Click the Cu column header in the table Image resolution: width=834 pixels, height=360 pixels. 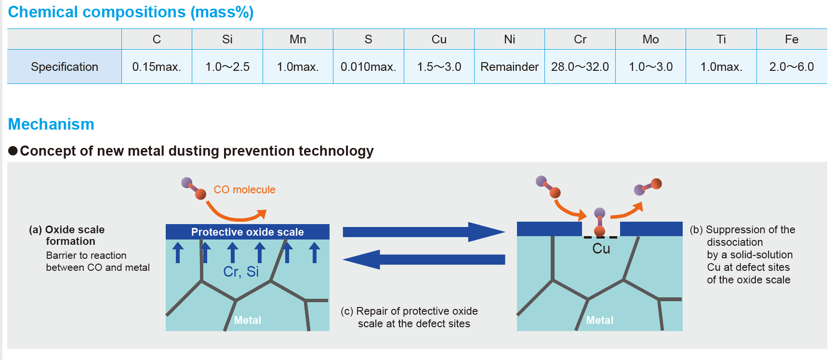coord(439,40)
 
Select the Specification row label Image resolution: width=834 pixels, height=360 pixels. coord(65,67)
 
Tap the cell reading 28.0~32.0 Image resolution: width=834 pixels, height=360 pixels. coord(580,67)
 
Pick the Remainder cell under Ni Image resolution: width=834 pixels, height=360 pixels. coord(509,67)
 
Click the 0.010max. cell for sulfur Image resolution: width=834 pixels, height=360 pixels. coord(368,67)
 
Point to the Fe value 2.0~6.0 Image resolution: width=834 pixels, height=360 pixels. coord(792,67)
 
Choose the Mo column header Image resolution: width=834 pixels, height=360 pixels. coord(650,40)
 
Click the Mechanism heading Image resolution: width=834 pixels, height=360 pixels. coord(51,124)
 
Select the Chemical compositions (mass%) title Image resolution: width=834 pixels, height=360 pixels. coord(131,12)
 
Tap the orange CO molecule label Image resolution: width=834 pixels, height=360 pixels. coord(244,190)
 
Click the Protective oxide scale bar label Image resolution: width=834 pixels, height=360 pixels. coord(247,232)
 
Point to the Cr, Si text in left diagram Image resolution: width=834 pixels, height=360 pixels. coord(241,272)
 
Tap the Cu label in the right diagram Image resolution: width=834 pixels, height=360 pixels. coord(601,249)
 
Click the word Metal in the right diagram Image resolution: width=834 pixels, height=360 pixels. coord(599,320)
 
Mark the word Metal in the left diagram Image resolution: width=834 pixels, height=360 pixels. coord(247,320)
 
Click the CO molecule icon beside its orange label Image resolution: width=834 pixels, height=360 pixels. coord(194,188)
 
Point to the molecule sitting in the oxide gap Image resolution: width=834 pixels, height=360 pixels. coord(599,222)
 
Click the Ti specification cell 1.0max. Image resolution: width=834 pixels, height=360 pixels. coord(721,67)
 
